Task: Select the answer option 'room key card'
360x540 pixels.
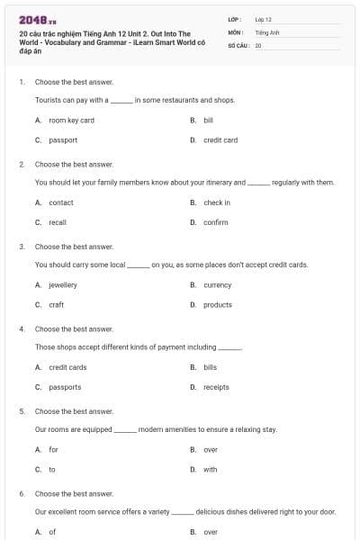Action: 71,120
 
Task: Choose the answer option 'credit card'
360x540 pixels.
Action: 220,139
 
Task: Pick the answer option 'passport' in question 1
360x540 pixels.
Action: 63,139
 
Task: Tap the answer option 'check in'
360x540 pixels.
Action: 217,202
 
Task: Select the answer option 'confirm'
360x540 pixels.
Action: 216,222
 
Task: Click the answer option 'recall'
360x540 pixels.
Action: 58,222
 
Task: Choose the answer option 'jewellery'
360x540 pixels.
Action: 63,284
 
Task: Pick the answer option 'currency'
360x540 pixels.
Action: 218,284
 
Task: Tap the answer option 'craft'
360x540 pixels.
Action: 57,304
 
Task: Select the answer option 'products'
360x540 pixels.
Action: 218,304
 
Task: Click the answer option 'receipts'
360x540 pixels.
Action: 217,387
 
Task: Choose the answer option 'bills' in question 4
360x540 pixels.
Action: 211,367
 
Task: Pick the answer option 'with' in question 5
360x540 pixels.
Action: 210,469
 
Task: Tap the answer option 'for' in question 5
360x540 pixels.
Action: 53,449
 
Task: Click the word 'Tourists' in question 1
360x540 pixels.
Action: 48,100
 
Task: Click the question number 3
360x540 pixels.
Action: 22,246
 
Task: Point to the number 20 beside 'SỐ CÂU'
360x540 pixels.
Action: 258,44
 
